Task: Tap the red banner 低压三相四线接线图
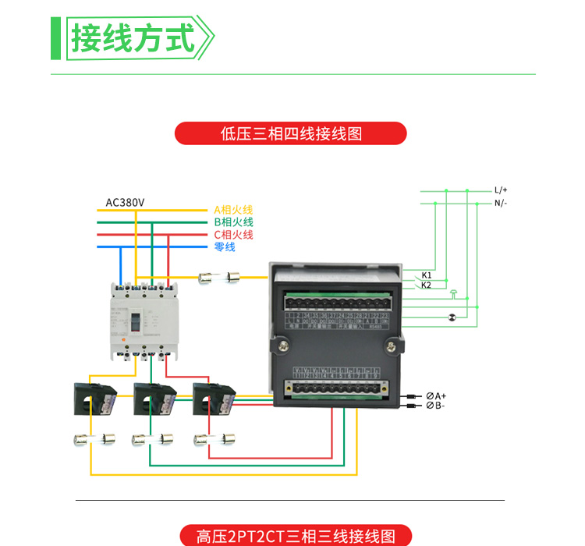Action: click(x=291, y=133)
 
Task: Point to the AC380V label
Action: click(x=125, y=203)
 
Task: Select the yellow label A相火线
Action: click(x=233, y=211)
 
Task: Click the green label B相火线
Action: click(x=233, y=222)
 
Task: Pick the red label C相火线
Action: click(x=233, y=235)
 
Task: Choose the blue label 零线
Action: click(x=225, y=247)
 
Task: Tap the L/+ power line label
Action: click(x=500, y=190)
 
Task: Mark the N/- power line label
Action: click(x=500, y=204)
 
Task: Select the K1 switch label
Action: click(x=427, y=275)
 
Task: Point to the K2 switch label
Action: click(x=427, y=285)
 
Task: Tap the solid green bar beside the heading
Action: click(x=55, y=37)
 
